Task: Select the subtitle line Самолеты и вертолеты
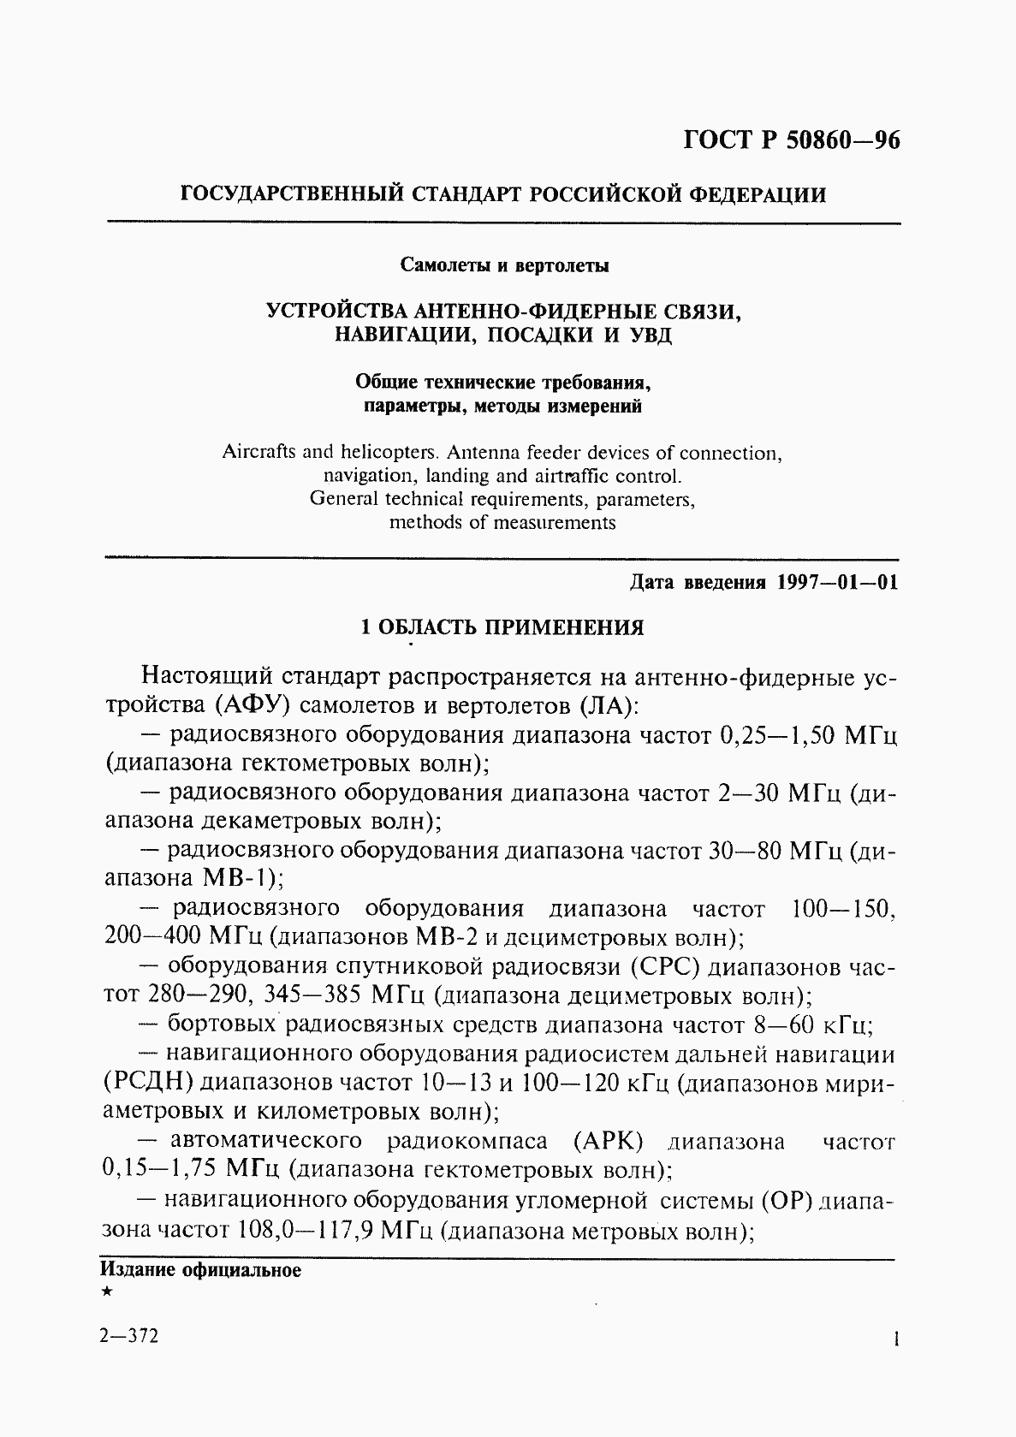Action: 505,265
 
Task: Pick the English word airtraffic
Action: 567,476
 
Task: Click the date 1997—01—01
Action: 837,584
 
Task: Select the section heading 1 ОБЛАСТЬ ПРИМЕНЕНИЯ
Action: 502,628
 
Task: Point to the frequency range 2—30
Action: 747,793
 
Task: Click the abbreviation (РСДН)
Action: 151,1083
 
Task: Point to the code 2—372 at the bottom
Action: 129,1338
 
